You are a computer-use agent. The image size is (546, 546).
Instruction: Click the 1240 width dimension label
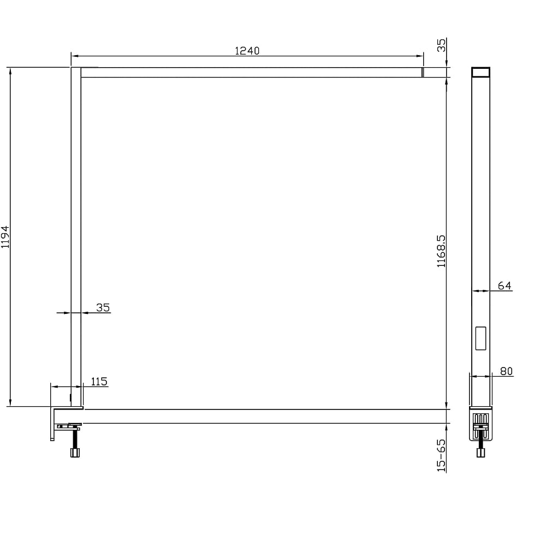(247, 51)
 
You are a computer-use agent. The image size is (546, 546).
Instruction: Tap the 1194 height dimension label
(5, 237)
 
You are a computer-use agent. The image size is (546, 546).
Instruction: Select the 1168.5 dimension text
(441, 251)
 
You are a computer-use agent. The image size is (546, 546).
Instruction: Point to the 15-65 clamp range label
(441, 455)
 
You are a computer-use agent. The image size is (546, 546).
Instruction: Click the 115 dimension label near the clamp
(99, 382)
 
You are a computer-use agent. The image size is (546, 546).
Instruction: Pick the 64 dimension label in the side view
(505, 286)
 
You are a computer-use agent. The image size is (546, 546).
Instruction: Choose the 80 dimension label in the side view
(506, 371)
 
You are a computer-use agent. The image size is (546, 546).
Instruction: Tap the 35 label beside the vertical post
(103, 307)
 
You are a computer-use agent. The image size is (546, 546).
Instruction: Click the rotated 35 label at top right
(441, 45)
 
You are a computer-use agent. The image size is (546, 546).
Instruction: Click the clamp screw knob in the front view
(75, 453)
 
